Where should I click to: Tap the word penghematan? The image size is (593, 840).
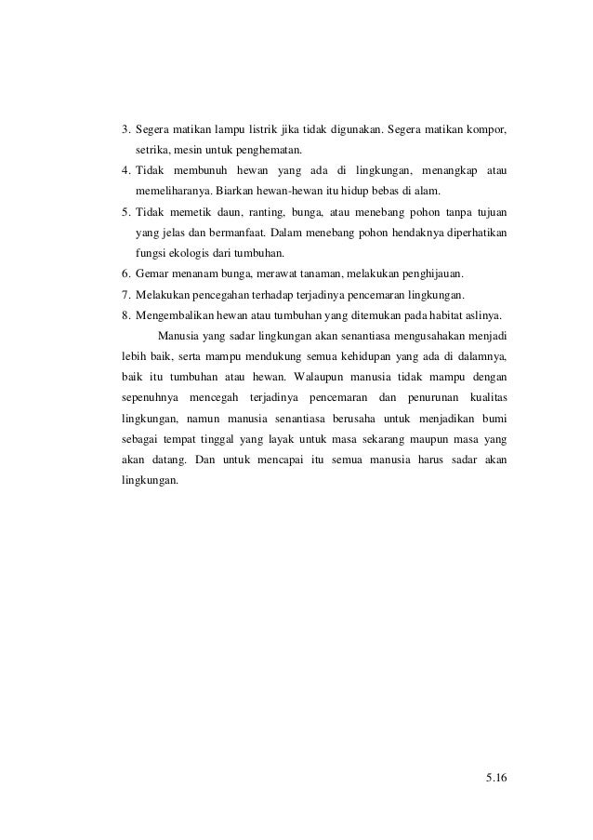click(270, 149)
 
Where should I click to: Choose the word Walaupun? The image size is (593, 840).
click(319, 377)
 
